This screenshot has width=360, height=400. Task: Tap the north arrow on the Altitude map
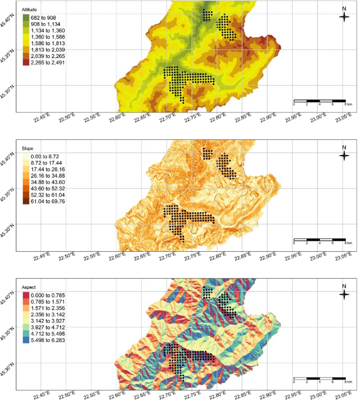[x=344, y=16]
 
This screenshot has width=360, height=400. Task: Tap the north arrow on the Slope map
[x=344, y=154]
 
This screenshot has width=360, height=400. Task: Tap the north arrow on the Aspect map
[x=344, y=294]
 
